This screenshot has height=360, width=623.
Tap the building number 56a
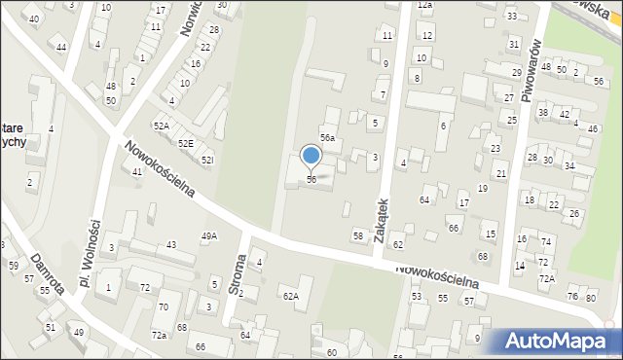pyautogui.click(x=329, y=139)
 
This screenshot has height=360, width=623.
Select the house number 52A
pyautogui.click(x=161, y=126)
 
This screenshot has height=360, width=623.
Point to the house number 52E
pyautogui.click(x=185, y=143)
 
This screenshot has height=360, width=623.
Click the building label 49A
pyautogui.click(x=209, y=236)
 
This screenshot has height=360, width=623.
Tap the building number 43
pyautogui.click(x=171, y=244)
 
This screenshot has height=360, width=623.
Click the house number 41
pyautogui.click(x=137, y=171)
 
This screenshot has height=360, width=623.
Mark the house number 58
pyautogui.click(x=358, y=236)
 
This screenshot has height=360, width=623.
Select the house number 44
pyautogui.click(x=61, y=48)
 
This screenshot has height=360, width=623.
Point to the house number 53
pyautogui.click(x=417, y=296)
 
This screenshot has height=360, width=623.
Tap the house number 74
pyautogui.click(x=547, y=242)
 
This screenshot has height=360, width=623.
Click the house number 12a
pyautogui.click(x=424, y=5)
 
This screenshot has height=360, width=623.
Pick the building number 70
pyautogui.click(x=164, y=307)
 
